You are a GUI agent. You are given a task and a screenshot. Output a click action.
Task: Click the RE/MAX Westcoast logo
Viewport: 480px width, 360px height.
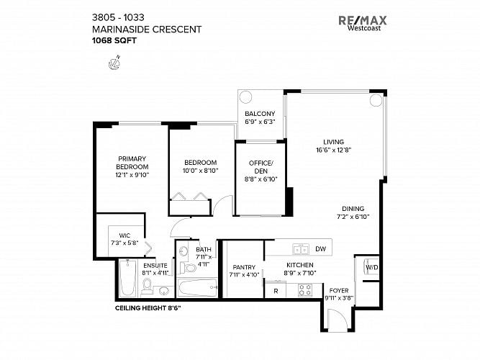[363, 23]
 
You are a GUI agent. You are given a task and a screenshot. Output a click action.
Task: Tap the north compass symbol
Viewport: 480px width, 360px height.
[114, 63]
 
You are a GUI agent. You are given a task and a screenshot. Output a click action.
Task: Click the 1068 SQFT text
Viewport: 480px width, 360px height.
[114, 40]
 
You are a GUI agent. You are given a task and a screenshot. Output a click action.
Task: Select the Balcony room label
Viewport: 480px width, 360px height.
[260, 114]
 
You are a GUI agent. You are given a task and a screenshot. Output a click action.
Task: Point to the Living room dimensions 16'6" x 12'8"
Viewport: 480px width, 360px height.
[334, 150]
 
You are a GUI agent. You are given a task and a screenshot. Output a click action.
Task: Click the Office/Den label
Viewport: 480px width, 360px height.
[261, 167]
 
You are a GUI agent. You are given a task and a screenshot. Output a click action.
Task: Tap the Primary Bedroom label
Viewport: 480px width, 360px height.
[132, 163]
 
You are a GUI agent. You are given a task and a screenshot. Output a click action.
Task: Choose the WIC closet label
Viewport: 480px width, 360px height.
[124, 235]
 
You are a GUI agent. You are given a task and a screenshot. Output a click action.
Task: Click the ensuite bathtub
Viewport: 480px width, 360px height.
[127, 278]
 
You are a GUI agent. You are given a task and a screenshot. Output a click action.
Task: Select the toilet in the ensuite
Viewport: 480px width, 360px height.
[147, 287]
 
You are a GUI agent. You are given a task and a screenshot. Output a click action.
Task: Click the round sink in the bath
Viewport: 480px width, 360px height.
[184, 251]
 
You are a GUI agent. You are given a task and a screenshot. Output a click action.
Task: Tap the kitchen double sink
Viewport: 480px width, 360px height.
[301, 249]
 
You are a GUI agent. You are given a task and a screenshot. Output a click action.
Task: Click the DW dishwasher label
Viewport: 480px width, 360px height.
[320, 249]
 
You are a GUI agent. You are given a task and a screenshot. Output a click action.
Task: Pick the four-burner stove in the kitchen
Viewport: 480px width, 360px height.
[305, 290]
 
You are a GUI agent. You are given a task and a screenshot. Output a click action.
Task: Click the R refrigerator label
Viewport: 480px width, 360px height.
[276, 291]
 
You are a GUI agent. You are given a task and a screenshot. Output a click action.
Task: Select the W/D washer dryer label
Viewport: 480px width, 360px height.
[372, 267]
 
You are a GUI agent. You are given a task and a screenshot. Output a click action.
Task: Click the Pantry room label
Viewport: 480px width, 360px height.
[244, 267]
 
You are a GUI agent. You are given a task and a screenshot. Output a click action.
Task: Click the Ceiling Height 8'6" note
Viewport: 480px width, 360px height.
[148, 308]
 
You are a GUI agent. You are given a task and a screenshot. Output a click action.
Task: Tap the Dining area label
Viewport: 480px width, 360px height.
[353, 209]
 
